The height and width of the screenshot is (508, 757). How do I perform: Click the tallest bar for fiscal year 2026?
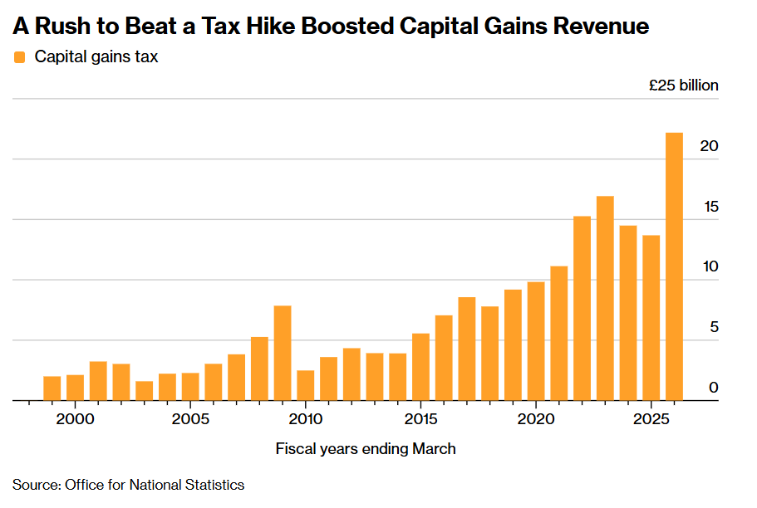point(674,266)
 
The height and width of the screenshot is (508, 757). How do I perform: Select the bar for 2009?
point(283,353)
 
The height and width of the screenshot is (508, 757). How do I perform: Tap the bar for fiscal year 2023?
point(605,298)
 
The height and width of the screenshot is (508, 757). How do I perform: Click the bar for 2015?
point(420,367)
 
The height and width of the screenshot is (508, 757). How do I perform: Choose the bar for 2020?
point(536,341)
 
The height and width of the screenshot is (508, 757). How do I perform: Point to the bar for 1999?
point(52,388)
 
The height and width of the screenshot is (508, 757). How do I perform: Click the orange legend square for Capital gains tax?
point(20,57)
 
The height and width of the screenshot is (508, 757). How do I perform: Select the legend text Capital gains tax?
point(96,57)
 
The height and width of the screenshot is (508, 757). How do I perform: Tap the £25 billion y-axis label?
point(684,85)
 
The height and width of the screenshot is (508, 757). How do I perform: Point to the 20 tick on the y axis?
point(709,146)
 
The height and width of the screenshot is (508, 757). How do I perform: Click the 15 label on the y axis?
point(709,207)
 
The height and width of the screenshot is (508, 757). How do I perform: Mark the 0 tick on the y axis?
point(713,388)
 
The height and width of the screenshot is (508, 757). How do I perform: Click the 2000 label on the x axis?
point(76,417)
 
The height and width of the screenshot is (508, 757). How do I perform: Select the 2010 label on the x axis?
point(306,417)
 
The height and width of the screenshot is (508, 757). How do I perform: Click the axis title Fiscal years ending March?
point(366,449)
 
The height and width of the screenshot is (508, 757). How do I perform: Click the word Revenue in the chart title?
point(600,27)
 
